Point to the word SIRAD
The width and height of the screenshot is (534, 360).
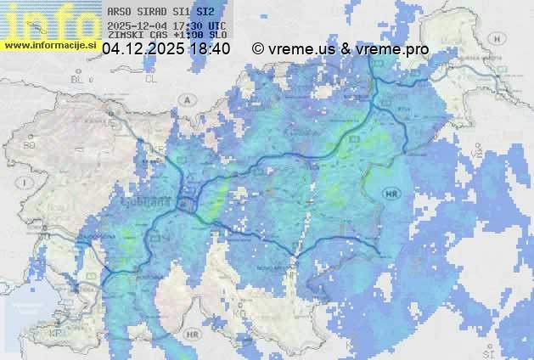tap(153, 13)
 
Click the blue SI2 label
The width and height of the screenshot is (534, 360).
tap(205, 13)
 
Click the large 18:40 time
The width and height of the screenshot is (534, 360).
tap(211, 49)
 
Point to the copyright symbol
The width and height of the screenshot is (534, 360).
tap(258, 49)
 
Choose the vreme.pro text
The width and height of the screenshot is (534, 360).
tap(391, 49)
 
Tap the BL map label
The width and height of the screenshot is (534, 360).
tap(81, 79)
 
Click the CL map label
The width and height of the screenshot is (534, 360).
tap(152, 78)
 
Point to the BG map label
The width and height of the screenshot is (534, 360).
tap(30, 145)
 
